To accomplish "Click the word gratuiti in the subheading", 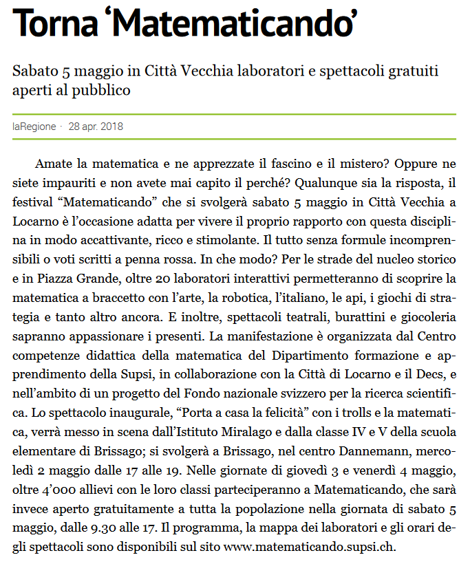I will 411,72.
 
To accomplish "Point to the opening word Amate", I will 53,166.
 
